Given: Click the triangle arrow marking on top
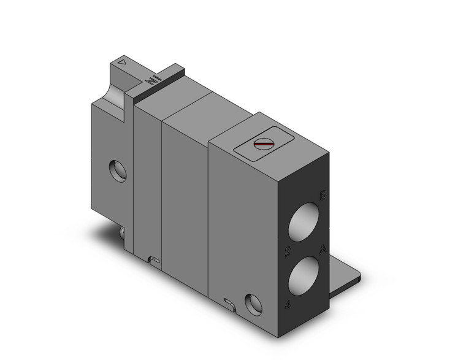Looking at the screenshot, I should pyautogui.click(x=123, y=62).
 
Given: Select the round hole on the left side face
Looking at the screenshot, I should pyautogui.click(x=118, y=170).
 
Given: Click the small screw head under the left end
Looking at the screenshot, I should pyautogui.click(x=123, y=233).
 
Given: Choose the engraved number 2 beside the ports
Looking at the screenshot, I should pyautogui.click(x=287, y=251).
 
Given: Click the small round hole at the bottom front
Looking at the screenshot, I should pyautogui.click(x=252, y=302).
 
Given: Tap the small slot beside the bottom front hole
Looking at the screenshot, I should pyautogui.click(x=229, y=302).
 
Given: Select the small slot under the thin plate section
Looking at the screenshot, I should pyautogui.click(x=154, y=261).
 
